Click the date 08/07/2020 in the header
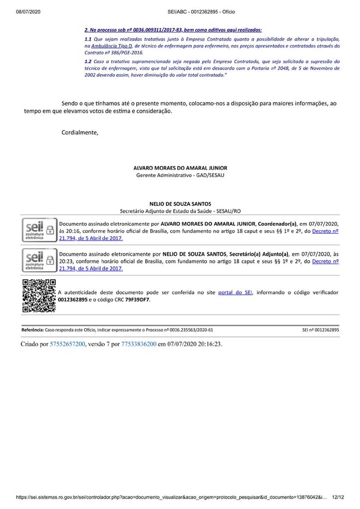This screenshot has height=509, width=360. (28, 12)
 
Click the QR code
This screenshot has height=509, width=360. (39, 296)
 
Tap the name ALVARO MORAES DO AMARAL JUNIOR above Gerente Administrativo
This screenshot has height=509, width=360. (180, 168)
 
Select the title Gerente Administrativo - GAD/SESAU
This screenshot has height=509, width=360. (180, 175)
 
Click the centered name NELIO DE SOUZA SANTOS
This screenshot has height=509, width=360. (180, 204)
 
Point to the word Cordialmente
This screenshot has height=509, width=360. (79, 132)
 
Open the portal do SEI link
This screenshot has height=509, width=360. (235, 292)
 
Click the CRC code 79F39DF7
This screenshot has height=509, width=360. (137, 299)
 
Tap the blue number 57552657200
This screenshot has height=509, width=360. (67, 344)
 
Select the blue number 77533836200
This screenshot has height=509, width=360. (139, 344)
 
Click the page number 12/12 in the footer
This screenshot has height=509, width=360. (338, 497)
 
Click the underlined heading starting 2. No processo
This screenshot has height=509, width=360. (173, 30)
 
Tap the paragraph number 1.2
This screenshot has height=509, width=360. (88, 61)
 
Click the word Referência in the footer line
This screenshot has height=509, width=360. (32, 330)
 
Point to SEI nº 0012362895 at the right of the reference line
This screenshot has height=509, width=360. (321, 330)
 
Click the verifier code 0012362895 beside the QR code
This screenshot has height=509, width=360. (72, 299)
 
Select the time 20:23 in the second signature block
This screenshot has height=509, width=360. (65, 261)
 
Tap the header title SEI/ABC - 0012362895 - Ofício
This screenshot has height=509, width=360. (201, 12)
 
